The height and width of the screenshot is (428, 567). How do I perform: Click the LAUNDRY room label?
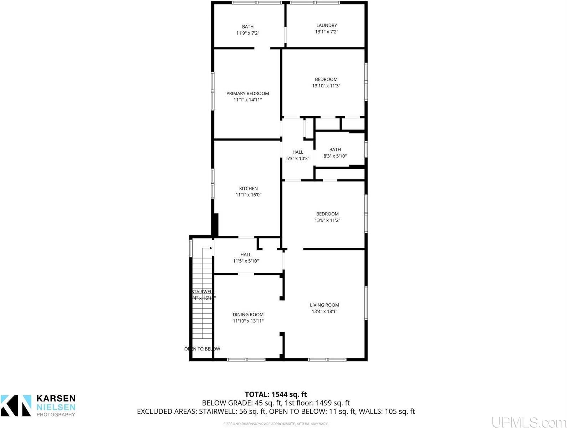[x=326, y=25]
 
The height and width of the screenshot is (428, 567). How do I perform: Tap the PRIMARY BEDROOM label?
[x=247, y=93]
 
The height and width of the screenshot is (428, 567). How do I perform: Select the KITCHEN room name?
[x=248, y=188]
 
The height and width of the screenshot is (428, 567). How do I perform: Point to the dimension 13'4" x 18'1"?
[x=324, y=311]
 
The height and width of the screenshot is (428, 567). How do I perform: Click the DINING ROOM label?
[x=248, y=315]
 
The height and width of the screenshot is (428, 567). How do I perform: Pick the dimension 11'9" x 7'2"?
[x=247, y=33]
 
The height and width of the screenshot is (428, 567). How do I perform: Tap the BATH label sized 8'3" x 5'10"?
[x=335, y=149]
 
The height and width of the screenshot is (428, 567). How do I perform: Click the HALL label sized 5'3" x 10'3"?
[x=298, y=152]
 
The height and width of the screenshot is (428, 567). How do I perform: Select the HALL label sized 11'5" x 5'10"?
[x=246, y=255]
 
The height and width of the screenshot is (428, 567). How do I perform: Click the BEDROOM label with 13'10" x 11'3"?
[x=326, y=79]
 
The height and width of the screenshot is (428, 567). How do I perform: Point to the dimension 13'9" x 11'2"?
[x=327, y=220]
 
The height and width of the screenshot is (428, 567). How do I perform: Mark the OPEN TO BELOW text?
[x=202, y=349]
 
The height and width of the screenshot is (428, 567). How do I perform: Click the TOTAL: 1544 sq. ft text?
[x=276, y=394]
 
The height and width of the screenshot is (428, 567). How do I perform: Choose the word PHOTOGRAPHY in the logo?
[x=56, y=414]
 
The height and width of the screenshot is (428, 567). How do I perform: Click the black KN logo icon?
[x=16, y=406]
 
